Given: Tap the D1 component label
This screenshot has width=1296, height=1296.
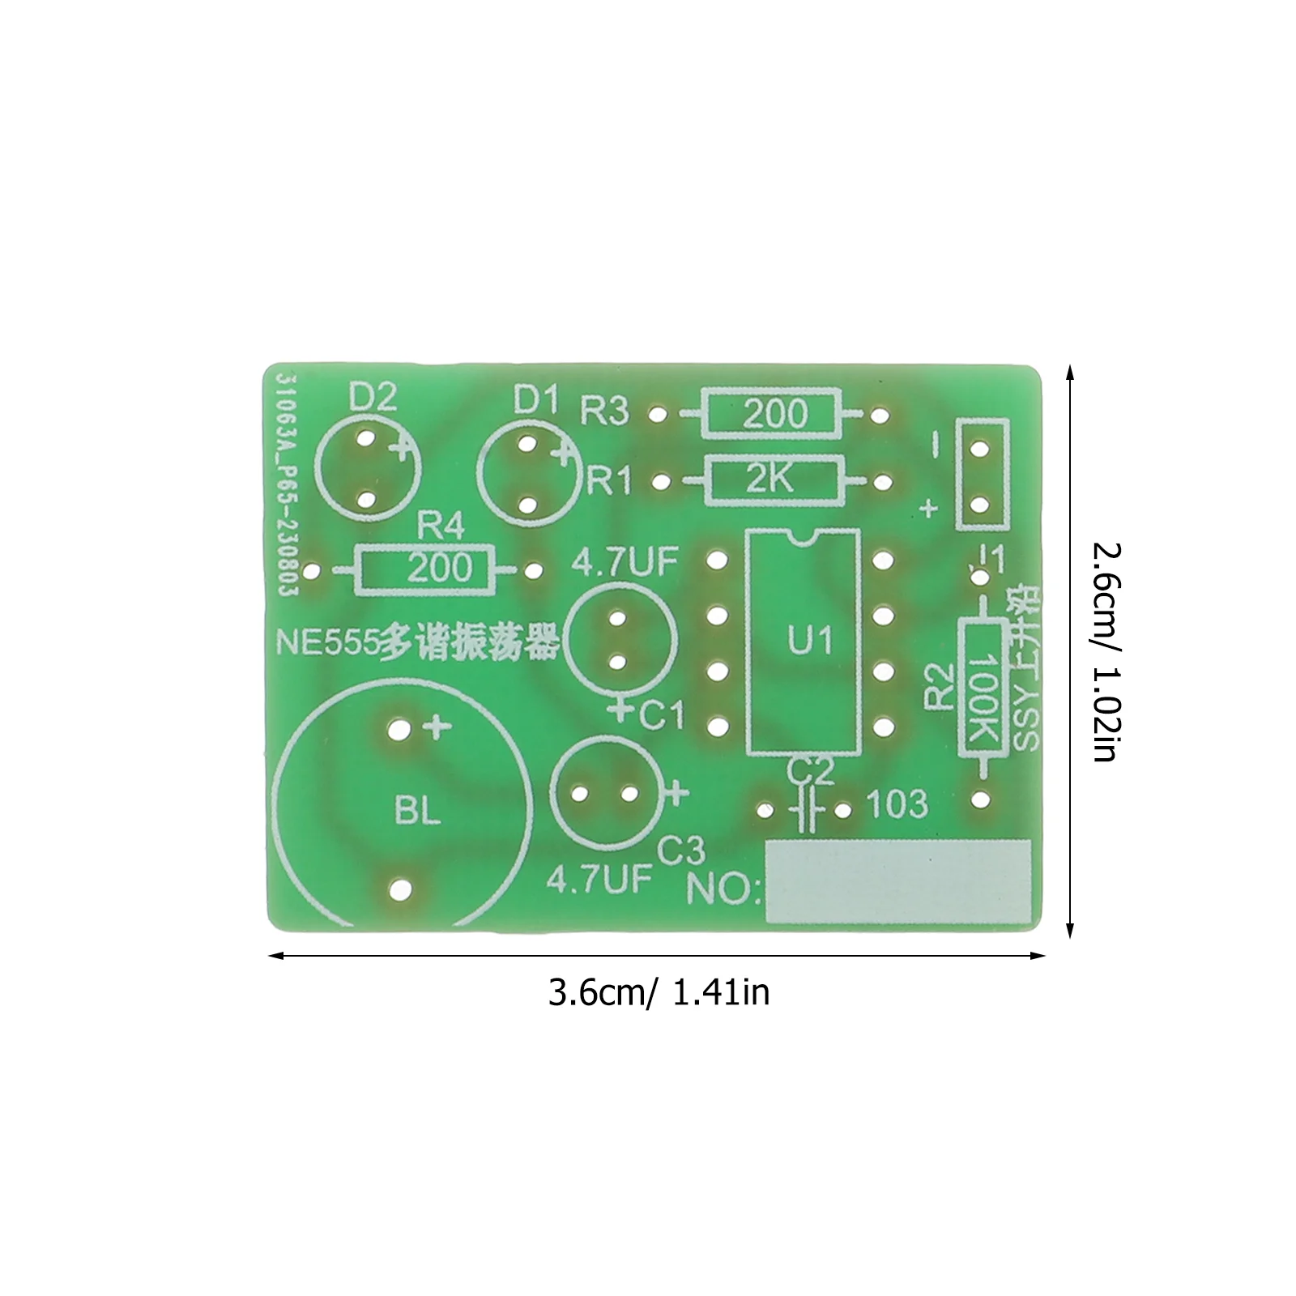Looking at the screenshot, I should [x=536, y=399].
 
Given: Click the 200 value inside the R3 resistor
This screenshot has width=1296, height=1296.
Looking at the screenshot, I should [x=774, y=414].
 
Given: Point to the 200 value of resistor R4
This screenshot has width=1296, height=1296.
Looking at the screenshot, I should [x=439, y=569].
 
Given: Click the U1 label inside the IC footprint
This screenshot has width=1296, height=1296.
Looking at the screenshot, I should [x=809, y=642].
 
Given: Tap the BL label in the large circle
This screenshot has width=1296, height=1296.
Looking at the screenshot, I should [x=417, y=810].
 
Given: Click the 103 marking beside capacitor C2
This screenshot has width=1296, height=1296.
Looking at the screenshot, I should [x=897, y=804].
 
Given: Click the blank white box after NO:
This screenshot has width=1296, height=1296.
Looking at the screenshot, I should [x=898, y=881].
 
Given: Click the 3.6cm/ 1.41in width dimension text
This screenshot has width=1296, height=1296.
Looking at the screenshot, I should [x=658, y=992].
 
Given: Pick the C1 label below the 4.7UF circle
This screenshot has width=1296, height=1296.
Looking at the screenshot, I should [x=663, y=716].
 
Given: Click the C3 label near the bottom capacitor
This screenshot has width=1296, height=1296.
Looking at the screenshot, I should [x=681, y=850].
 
